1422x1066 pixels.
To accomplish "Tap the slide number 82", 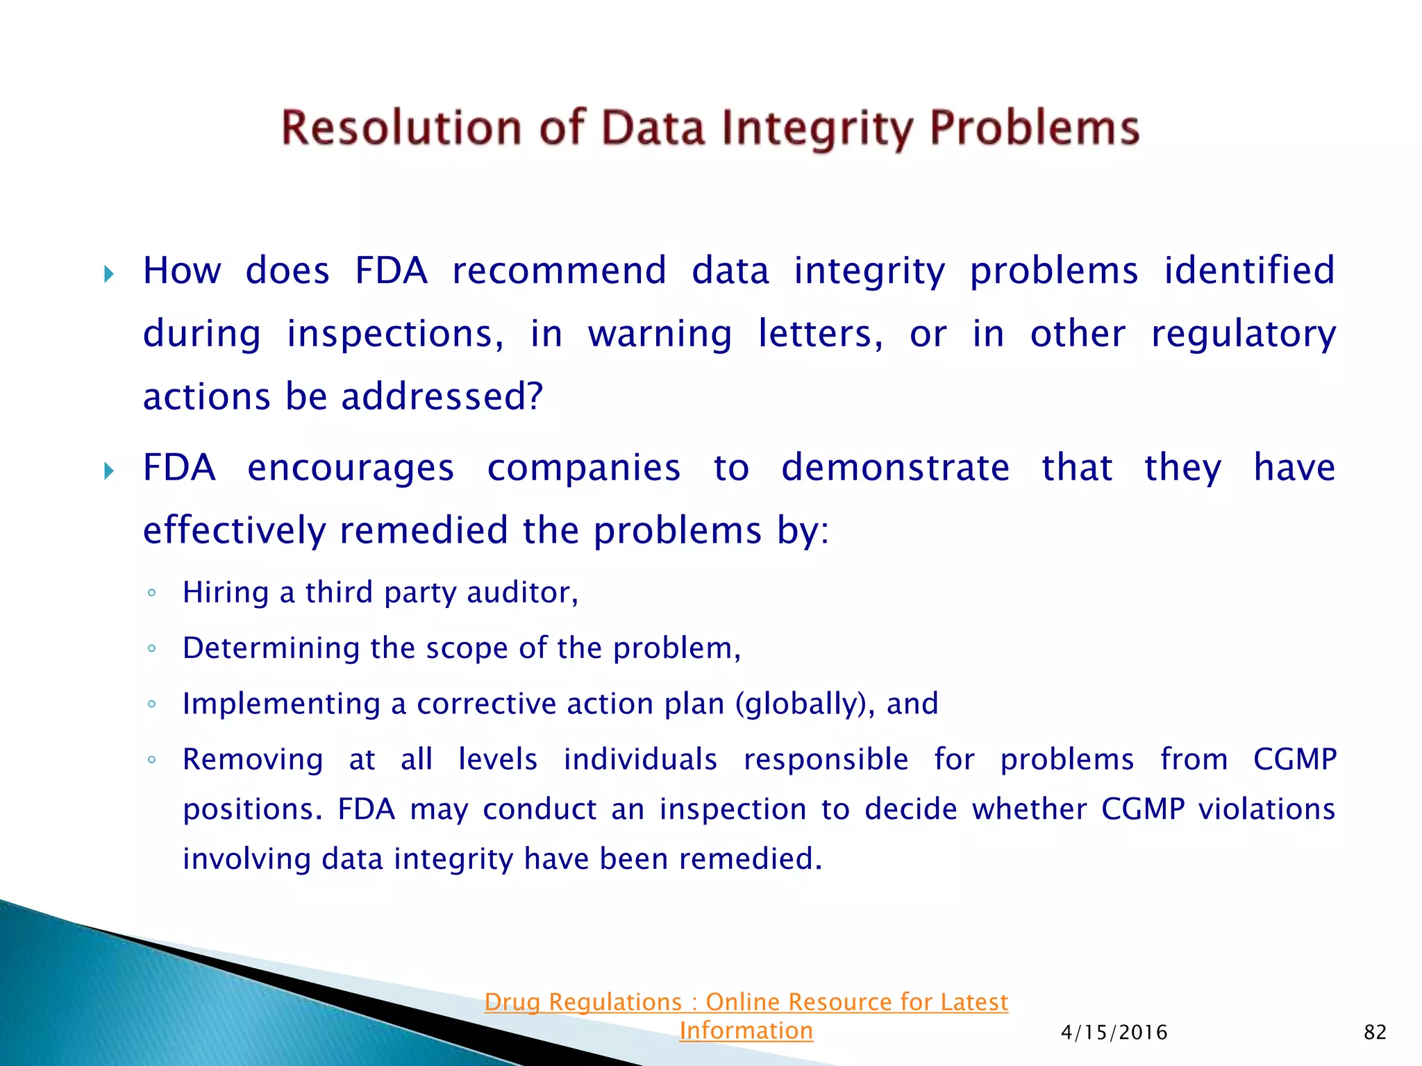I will pyautogui.click(x=1375, y=1032).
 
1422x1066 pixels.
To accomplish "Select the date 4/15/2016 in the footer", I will pyautogui.click(x=1114, y=1032).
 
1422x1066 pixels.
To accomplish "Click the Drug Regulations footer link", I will pyautogui.click(x=746, y=1002).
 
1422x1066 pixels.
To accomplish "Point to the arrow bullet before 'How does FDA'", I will pyautogui.click(x=109, y=273).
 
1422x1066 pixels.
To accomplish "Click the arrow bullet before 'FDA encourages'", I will pyautogui.click(x=109, y=471).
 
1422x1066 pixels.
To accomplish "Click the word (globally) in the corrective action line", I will pyautogui.click(x=805, y=704).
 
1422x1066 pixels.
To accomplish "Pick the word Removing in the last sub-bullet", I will pyautogui.click(x=253, y=759).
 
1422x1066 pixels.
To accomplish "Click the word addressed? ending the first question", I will pyautogui.click(x=442, y=397).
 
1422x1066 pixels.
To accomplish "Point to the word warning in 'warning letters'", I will pyautogui.click(x=660, y=335).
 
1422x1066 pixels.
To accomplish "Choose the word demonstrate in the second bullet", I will pyautogui.click(x=895, y=467).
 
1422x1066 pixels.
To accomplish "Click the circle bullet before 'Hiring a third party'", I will pyautogui.click(x=151, y=593).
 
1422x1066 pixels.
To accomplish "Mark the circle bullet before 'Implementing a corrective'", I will pyautogui.click(x=151, y=704).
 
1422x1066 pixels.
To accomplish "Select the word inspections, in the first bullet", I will pyautogui.click(x=395, y=335).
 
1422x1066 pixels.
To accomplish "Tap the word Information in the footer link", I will pyautogui.click(x=746, y=1031).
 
